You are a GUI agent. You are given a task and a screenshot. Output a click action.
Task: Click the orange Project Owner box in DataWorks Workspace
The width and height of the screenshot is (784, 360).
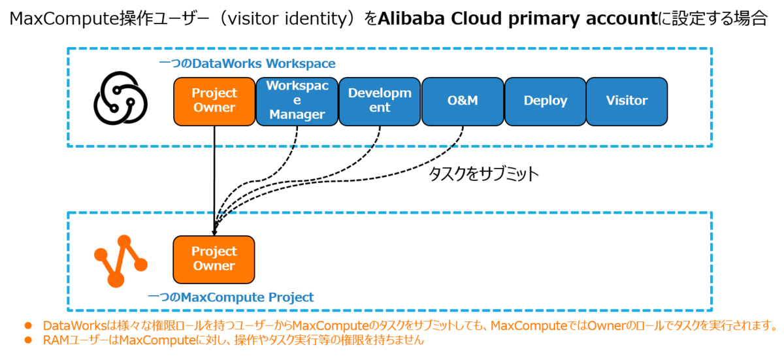(214, 101)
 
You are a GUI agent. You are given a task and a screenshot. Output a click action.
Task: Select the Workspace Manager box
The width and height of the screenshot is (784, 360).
(297, 101)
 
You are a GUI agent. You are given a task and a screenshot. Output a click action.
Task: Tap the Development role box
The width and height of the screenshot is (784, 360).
(380, 101)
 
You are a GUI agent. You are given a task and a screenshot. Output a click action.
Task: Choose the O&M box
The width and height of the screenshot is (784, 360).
(463, 101)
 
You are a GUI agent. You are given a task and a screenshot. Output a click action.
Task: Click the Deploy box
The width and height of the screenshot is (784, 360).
(545, 101)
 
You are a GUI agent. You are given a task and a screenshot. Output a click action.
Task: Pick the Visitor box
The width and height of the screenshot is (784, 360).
(627, 101)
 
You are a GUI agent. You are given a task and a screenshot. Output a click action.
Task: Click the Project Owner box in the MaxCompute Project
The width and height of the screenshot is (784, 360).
(214, 259)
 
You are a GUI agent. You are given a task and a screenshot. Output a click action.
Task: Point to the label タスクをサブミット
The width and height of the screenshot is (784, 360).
(483, 174)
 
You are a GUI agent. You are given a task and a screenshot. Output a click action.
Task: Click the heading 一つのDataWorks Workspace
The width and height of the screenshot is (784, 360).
(247, 64)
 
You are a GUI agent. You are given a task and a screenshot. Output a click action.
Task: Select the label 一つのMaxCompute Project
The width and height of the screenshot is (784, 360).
(231, 297)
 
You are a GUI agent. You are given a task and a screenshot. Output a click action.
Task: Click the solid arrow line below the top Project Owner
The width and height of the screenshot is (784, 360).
(214, 176)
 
